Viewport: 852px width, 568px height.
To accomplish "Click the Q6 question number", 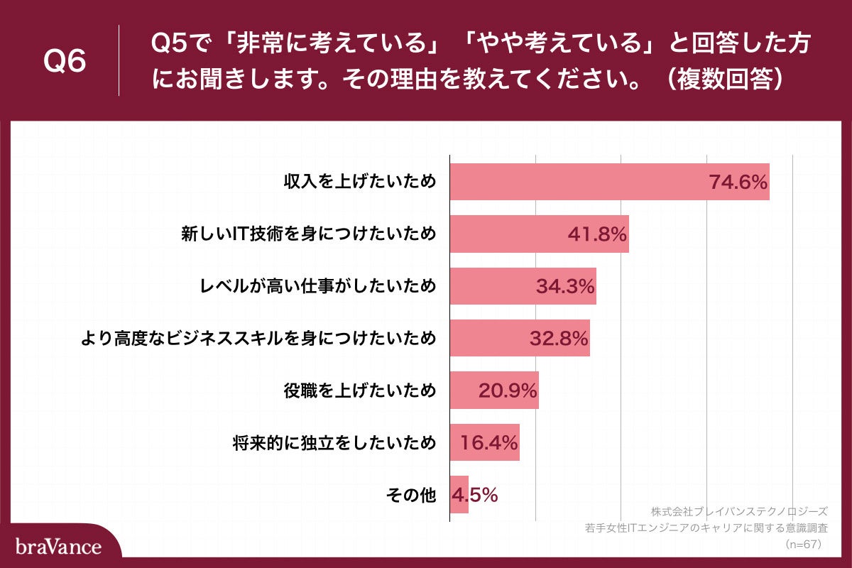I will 65,62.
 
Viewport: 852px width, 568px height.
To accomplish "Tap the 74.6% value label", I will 738,182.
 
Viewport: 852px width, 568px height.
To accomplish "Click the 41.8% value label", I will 598,234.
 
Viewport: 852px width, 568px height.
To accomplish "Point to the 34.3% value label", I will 565,286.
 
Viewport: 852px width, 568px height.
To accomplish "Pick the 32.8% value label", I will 559,339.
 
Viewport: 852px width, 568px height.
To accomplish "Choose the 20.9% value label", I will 508,390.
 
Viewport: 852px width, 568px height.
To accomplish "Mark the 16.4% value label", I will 489,442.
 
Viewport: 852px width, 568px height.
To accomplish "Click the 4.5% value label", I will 474,495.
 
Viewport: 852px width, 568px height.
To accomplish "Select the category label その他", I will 410,496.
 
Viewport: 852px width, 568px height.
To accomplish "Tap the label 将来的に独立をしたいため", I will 334,443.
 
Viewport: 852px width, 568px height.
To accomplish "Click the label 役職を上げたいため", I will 359,390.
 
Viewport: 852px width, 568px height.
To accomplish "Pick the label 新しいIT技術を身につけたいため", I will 307,234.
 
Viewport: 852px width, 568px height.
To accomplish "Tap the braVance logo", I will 59,547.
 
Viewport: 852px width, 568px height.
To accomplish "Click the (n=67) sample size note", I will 802,545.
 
